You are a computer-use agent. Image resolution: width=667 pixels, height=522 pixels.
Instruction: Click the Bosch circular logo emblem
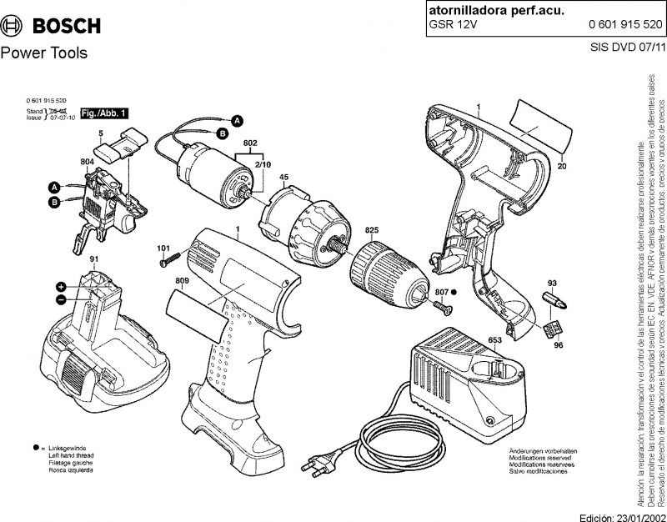[x=14, y=24]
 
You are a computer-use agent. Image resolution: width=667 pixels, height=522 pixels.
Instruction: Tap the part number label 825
[x=372, y=229]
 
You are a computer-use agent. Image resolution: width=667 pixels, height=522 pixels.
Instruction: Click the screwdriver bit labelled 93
[x=551, y=299]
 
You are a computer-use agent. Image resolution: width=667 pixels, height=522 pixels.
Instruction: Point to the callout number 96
[x=559, y=344]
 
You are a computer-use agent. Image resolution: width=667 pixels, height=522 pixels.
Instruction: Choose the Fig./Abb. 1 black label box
[x=103, y=113]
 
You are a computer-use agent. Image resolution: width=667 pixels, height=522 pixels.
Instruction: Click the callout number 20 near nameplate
[x=562, y=167]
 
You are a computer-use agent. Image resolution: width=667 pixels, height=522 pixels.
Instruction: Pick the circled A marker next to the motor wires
[x=237, y=121]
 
